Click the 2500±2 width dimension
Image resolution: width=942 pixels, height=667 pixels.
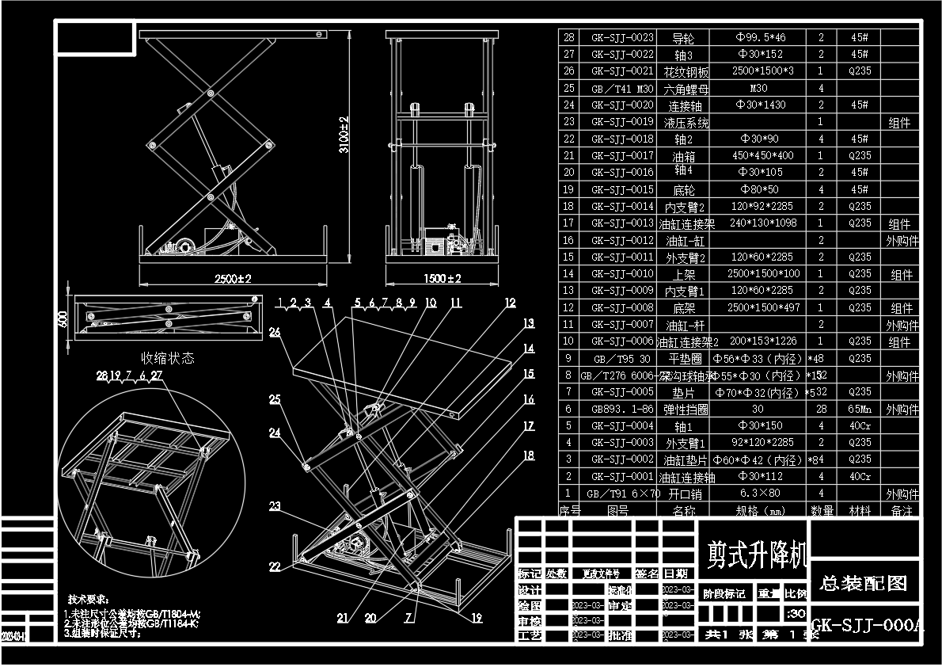pyautogui.click(x=234, y=279)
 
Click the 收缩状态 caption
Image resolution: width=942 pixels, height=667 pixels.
pyautogui.click(x=167, y=358)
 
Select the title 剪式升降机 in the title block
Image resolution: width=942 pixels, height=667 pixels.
pyautogui.click(x=752, y=553)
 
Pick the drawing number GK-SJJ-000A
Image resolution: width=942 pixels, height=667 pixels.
pyautogui.click(x=866, y=626)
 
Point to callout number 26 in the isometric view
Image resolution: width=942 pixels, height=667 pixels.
pyautogui.click(x=274, y=333)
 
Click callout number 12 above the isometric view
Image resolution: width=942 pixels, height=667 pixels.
pyautogui.click(x=510, y=303)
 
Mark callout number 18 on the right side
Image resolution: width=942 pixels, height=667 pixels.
pyautogui.click(x=528, y=455)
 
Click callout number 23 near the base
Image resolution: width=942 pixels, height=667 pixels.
pyautogui.click(x=275, y=506)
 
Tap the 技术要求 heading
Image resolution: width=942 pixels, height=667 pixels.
pyautogui.click(x=88, y=600)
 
